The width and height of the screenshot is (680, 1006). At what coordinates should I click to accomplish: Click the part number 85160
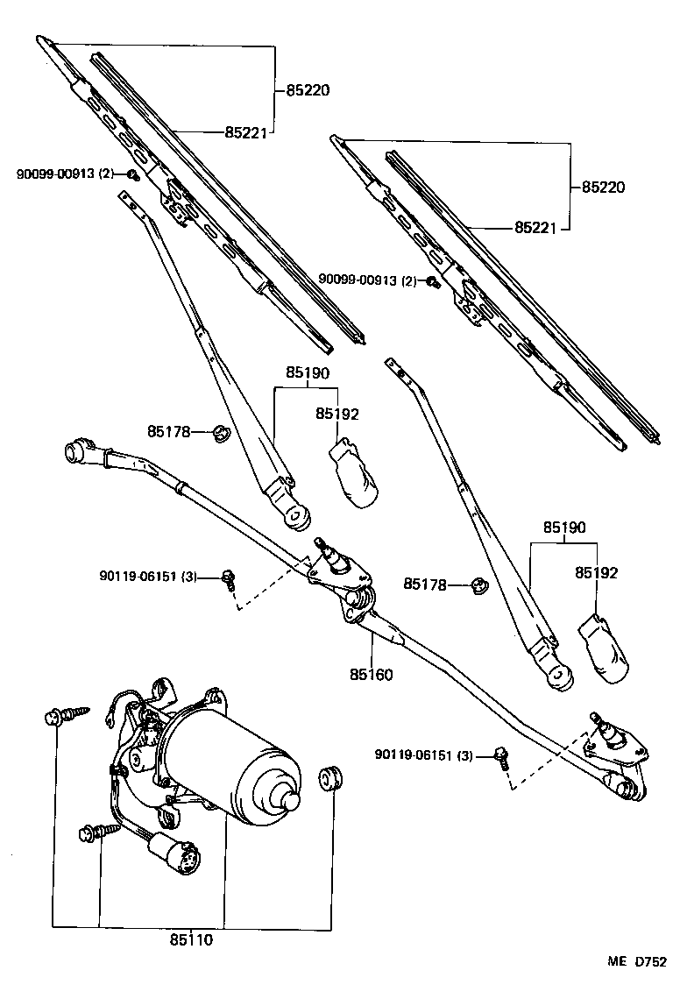(x=370, y=675)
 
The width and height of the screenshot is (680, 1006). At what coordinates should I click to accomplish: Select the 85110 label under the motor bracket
(x=191, y=940)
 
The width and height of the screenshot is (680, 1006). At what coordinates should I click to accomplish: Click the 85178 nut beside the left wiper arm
(x=222, y=431)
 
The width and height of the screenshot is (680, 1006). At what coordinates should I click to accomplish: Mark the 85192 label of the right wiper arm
(x=596, y=573)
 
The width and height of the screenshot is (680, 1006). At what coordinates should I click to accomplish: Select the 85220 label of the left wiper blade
(x=307, y=89)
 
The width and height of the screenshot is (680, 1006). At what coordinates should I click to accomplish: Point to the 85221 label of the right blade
(x=536, y=227)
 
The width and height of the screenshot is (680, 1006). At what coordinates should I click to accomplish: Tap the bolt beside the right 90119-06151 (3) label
(x=502, y=755)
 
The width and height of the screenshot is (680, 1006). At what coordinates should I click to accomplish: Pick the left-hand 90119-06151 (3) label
(x=148, y=577)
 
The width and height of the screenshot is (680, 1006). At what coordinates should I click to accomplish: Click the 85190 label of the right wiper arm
(x=563, y=528)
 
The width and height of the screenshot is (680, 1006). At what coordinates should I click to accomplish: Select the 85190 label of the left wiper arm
(x=306, y=372)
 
